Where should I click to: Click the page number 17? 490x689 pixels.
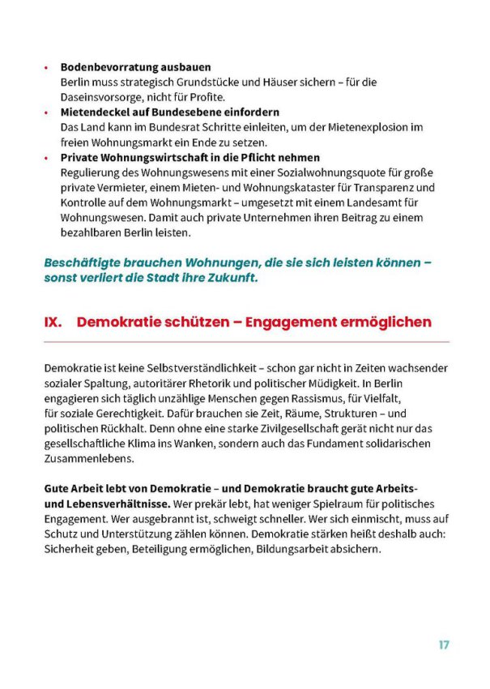443,645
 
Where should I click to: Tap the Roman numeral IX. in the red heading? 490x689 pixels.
54,322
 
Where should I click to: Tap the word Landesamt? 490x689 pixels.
373,203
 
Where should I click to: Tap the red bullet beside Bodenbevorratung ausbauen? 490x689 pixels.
46,68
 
